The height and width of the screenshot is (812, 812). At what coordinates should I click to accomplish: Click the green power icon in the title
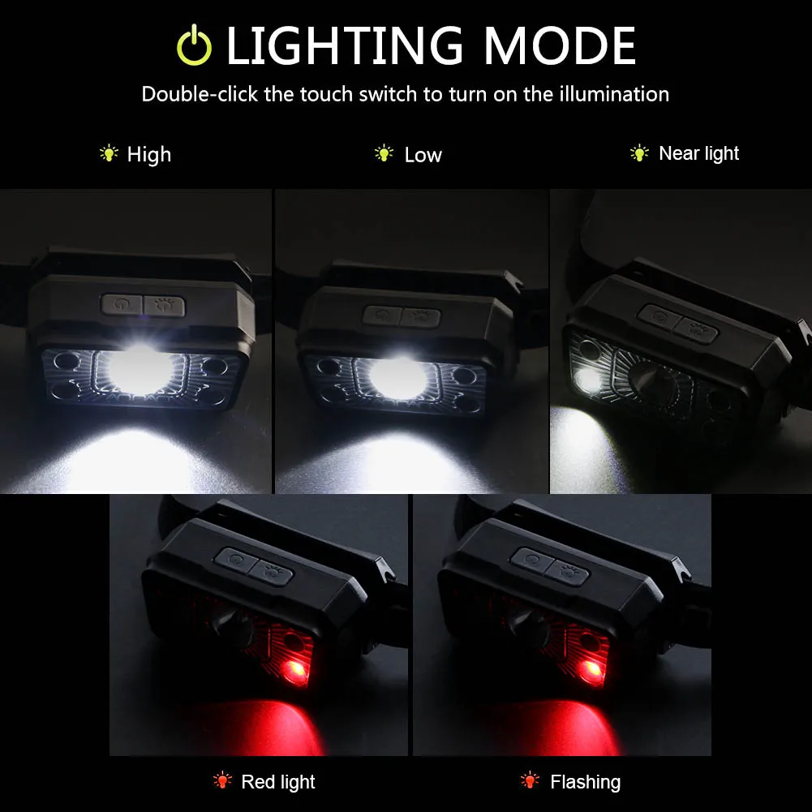coord(194,45)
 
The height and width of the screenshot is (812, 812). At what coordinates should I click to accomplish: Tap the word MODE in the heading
coord(559,46)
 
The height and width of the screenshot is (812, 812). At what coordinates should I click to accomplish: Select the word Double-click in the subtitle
coord(200,94)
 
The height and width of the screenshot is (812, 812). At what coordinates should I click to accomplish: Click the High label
coord(149,155)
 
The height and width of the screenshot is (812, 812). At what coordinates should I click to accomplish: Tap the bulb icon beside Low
coord(384,153)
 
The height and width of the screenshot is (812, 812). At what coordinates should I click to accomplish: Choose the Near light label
coord(698,154)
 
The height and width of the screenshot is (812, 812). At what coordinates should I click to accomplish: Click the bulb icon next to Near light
coord(639,153)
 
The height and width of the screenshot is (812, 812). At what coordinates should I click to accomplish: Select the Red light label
coord(278,782)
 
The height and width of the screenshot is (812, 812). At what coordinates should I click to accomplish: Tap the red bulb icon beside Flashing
coord(530,780)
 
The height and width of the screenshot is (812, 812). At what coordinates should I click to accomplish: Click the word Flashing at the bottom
coord(585,782)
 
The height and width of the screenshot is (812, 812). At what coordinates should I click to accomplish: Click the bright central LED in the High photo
coord(140,370)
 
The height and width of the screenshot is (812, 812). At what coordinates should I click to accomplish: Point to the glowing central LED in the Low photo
coord(397,376)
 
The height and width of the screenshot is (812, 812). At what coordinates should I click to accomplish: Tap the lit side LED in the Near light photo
coord(587,380)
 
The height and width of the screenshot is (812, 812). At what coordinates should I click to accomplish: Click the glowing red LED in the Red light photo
coord(296,670)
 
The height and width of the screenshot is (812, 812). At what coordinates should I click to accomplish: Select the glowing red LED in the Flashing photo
coord(591,670)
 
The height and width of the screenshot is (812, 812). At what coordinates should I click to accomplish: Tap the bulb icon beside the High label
coord(109,153)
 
